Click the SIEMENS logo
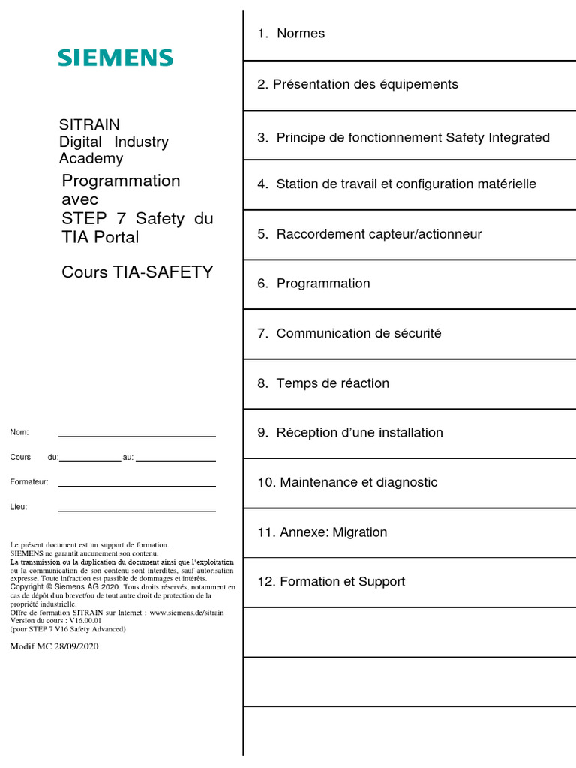point(115,58)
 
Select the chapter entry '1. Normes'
point(291,34)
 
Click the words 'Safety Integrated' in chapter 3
point(498,138)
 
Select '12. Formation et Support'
point(331,582)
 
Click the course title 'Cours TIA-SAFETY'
point(137,271)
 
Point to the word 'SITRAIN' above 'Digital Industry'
point(89,124)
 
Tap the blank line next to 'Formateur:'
point(136,485)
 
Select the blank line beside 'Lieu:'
point(136,510)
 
